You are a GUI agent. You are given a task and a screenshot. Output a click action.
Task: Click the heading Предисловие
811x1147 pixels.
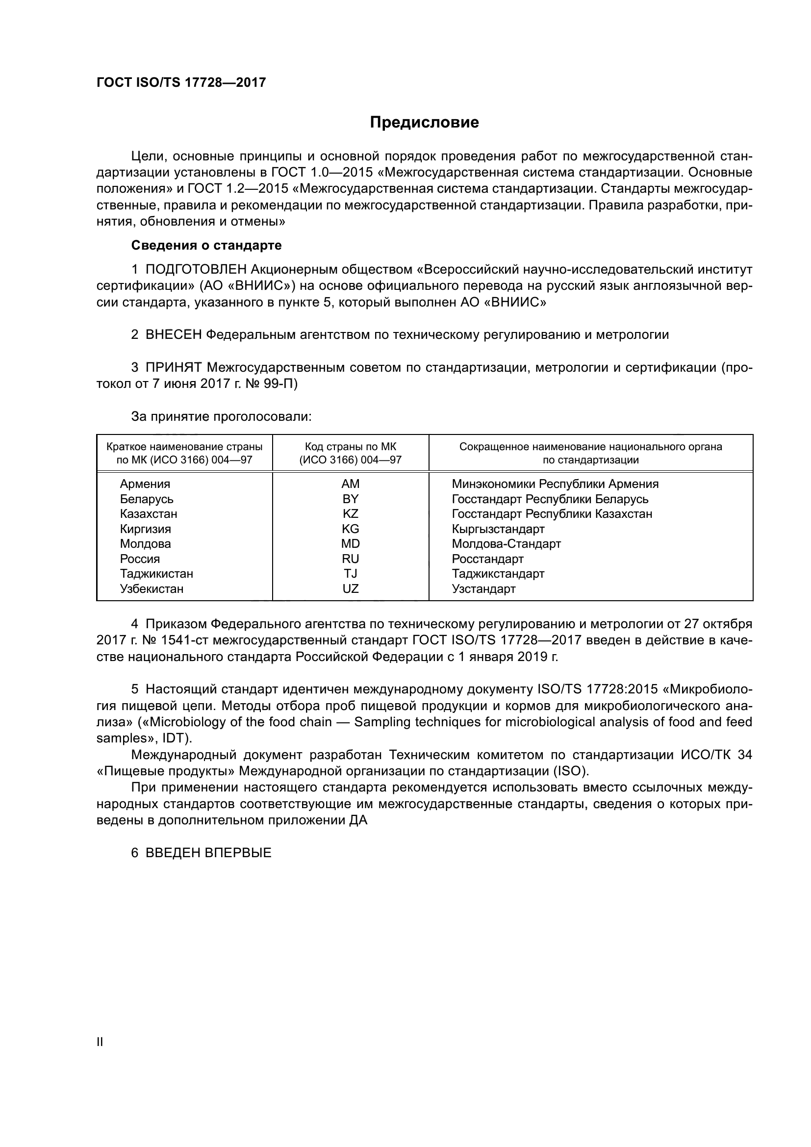(x=424, y=123)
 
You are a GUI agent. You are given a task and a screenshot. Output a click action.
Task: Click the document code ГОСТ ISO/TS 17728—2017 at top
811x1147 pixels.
(x=181, y=82)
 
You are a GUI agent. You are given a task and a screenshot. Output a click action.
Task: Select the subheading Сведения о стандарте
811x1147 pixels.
(x=206, y=245)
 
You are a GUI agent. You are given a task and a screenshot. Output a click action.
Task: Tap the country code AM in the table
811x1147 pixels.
(x=350, y=484)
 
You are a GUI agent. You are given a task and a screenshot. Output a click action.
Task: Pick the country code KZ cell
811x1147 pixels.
(x=350, y=513)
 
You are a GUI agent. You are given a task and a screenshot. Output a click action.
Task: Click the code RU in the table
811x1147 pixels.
(x=350, y=559)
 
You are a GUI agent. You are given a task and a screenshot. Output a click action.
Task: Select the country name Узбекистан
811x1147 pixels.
(x=152, y=588)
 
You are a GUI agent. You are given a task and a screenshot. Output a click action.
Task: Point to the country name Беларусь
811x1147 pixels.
(x=146, y=499)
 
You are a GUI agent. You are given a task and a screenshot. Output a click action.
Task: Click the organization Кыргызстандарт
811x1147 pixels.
(x=498, y=529)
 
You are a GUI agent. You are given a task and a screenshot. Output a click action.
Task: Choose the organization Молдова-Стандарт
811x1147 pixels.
(x=506, y=543)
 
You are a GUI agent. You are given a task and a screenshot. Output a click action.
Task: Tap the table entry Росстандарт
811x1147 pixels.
(x=487, y=559)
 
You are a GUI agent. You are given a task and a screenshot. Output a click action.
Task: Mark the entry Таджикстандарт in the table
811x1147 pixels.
(x=498, y=574)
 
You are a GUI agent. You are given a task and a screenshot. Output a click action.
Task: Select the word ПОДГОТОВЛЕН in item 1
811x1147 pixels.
(x=196, y=270)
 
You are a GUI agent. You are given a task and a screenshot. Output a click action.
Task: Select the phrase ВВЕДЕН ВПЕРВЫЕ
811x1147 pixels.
(x=208, y=852)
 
